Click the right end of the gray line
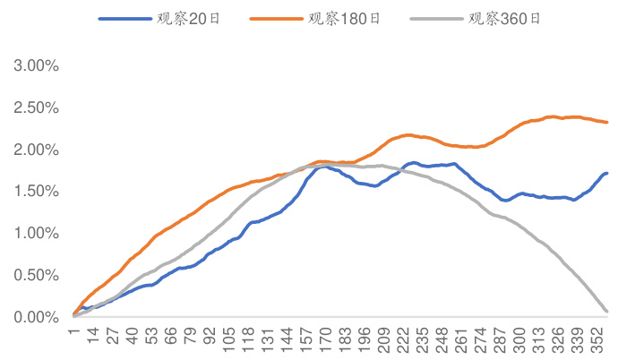pos(607,312)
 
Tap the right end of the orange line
pos(607,122)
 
